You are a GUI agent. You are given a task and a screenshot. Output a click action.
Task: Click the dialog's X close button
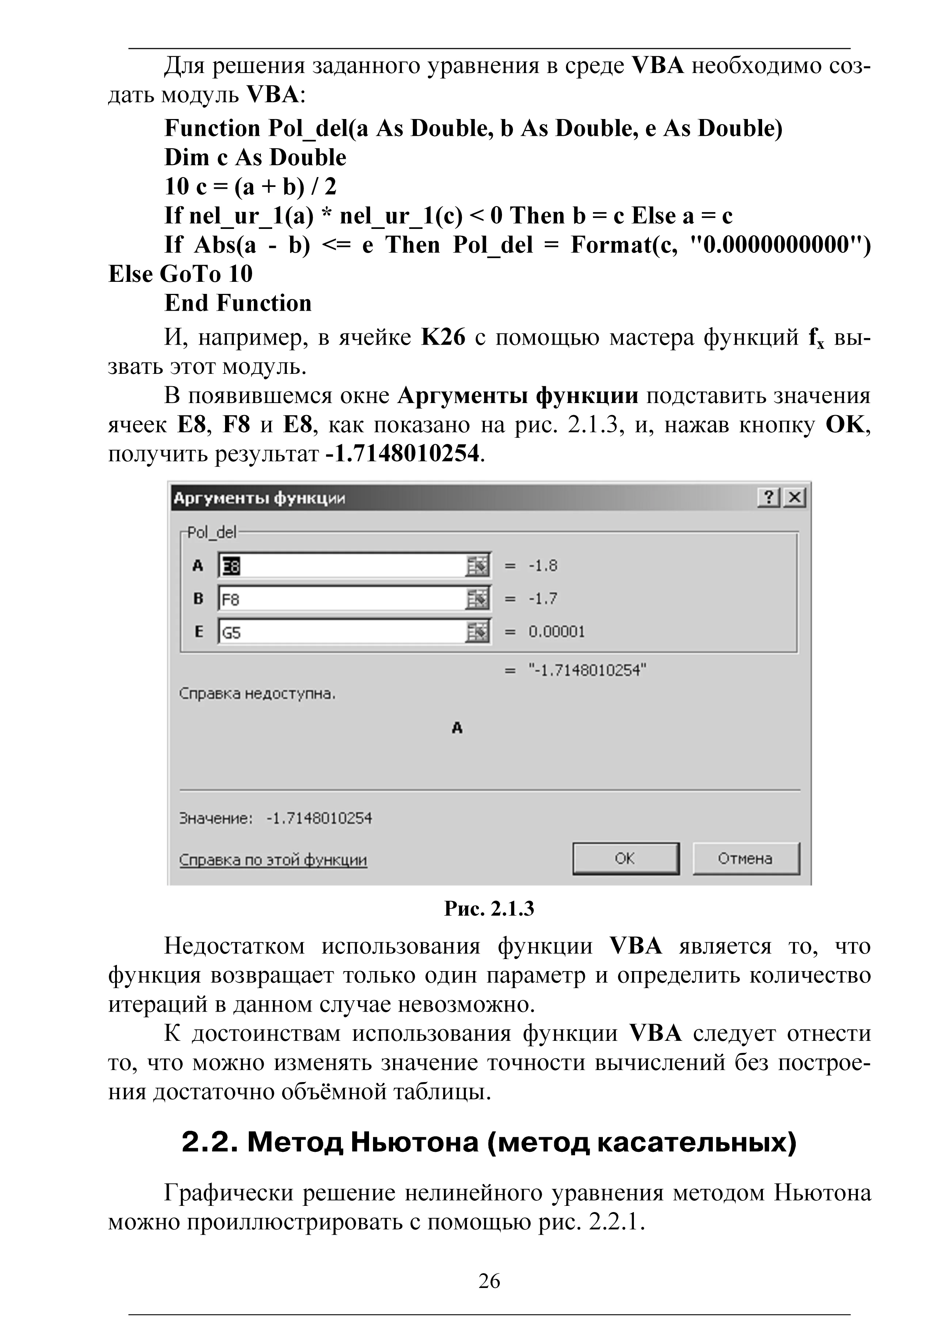tap(794, 498)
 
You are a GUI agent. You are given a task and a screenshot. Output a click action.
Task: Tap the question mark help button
tap(769, 498)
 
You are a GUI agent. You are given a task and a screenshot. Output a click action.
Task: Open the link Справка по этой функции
tap(273, 860)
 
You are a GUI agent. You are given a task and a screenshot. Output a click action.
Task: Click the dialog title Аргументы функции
tap(259, 499)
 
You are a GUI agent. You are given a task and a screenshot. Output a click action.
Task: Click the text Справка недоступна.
tap(257, 694)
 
